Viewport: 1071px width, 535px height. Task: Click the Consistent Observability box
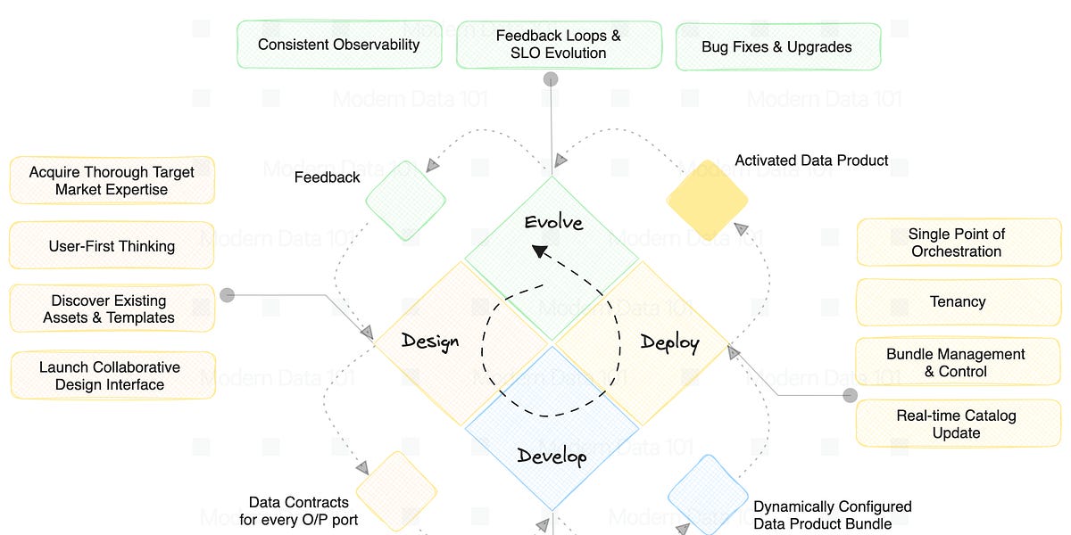(339, 45)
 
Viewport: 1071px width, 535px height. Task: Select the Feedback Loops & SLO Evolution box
(559, 45)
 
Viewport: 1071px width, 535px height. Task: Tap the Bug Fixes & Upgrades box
(777, 46)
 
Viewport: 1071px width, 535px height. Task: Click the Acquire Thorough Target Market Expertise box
(112, 180)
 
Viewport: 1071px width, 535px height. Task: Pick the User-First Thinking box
(112, 246)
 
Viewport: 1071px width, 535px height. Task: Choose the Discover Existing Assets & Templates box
(112, 309)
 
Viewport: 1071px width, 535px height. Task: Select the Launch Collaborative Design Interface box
(112, 375)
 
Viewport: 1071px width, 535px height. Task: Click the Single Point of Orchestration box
(957, 243)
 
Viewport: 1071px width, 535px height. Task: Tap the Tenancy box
(957, 301)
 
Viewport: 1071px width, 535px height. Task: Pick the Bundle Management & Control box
(957, 362)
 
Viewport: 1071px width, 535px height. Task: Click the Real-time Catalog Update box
(957, 424)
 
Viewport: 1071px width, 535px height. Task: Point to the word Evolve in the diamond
(553, 222)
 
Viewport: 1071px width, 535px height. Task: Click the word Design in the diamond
(430, 341)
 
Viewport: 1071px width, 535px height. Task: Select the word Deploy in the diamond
(669, 342)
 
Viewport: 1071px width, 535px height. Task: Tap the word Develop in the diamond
(552, 457)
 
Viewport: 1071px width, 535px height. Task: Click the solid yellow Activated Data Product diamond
(707, 200)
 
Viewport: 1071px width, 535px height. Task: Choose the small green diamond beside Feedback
(406, 201)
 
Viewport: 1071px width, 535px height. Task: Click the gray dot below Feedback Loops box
(552, 79)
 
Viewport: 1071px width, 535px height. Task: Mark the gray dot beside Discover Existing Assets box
(228, 294)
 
